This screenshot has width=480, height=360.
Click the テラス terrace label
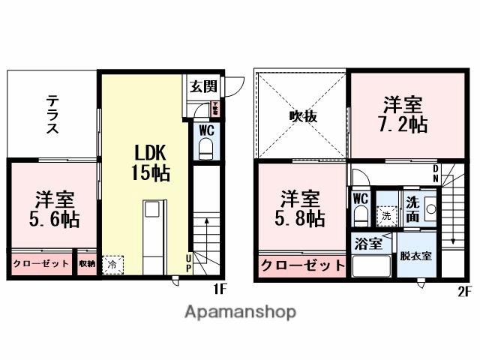(52, 114)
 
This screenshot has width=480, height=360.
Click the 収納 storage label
(87, 263)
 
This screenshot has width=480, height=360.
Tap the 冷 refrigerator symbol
(112, 264)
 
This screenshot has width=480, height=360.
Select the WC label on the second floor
(360, 198)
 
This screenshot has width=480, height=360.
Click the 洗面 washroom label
(412, 207)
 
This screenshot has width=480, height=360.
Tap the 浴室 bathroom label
(369, 243)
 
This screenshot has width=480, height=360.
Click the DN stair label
(437, 173)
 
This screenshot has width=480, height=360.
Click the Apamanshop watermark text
(240, 311)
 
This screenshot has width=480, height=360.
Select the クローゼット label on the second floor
(303, 264)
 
